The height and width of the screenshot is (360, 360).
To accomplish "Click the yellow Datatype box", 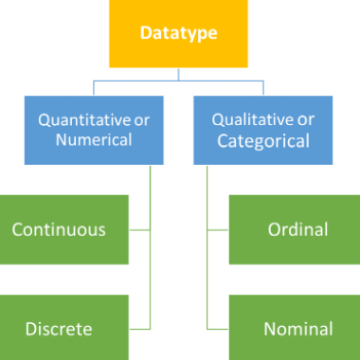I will tap(179, 33).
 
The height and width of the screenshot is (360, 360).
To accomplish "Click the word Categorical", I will tap(262, 141).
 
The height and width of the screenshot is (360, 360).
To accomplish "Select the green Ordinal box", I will tap(296, 229).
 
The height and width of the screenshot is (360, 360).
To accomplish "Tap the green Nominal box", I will tap(296, 328).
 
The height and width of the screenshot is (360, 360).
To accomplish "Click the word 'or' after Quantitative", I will tap(133, 120).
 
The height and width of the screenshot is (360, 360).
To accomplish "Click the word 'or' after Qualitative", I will tap(306, 120).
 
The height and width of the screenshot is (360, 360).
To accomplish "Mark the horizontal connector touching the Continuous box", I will tap(139, 229).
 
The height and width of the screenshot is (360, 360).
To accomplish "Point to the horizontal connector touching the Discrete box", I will tap(139, 328).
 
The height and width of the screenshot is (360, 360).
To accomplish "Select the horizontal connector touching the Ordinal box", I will tap(219, 229).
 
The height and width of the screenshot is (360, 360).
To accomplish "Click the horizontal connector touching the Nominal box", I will tap(219, 328).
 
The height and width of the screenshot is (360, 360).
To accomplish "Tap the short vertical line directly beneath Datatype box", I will tap(179, 74).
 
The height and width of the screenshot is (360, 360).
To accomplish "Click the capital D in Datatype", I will tap(145, 33).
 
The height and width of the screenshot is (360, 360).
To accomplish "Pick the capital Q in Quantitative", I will tap(44, 120).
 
